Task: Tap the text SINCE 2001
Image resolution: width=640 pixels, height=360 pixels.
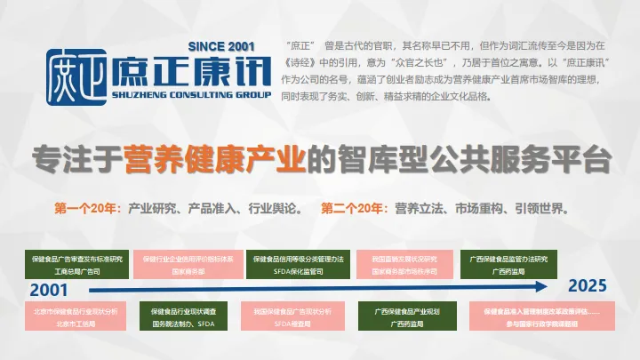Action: click(x=222, y=46)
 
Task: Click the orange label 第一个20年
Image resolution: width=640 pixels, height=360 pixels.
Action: click(x=87, y=210)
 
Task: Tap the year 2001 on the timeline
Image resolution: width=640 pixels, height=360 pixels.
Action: click(x=49, y=290)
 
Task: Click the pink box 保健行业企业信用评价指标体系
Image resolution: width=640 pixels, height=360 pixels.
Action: click(x=194, y=264)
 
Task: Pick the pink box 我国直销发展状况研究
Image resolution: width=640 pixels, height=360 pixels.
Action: click(x=401, y=264)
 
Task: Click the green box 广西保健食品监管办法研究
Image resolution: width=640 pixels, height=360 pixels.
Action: click(x=502, y=264)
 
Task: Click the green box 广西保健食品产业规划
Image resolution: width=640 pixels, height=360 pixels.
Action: click(x=401, y=318)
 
